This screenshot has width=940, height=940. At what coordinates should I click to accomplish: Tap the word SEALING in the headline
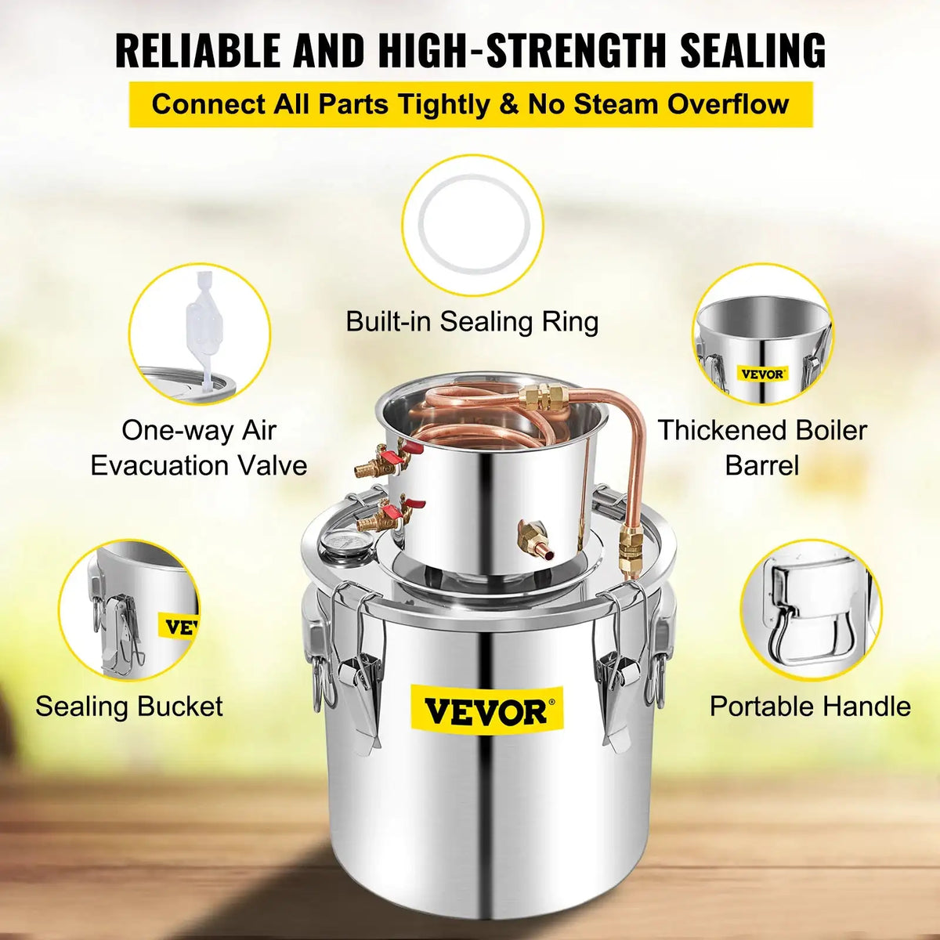(752, 50)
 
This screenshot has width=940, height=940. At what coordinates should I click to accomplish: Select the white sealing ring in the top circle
(472, 224)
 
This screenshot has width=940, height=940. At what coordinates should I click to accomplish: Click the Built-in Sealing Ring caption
(472, 322)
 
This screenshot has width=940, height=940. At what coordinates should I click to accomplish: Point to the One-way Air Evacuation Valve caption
(199, 447)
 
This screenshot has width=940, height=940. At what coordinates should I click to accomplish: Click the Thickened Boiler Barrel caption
(762, 447)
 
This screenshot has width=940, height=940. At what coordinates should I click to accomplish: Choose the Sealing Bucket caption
(129, 707)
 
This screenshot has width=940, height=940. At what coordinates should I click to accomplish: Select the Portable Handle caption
(810, 707)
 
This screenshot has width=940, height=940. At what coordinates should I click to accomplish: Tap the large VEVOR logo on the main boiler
(485, 711)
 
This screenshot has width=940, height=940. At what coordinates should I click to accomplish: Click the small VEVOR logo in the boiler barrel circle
(762, 374)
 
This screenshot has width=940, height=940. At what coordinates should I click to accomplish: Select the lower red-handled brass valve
(384, 517)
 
